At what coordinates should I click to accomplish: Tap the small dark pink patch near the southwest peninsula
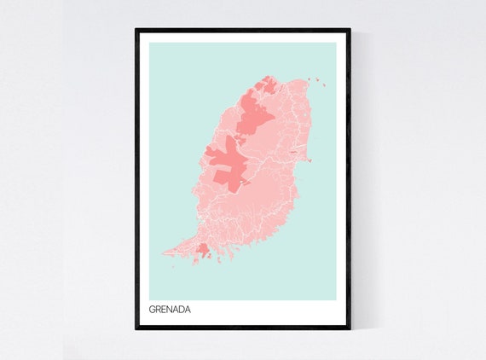pos(203,249)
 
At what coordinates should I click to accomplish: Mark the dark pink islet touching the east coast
pos(309,160)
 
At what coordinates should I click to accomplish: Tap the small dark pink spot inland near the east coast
pos(294,152)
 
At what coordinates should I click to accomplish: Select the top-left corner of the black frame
pos(136,30)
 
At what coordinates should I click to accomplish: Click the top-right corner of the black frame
pos(350,30)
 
